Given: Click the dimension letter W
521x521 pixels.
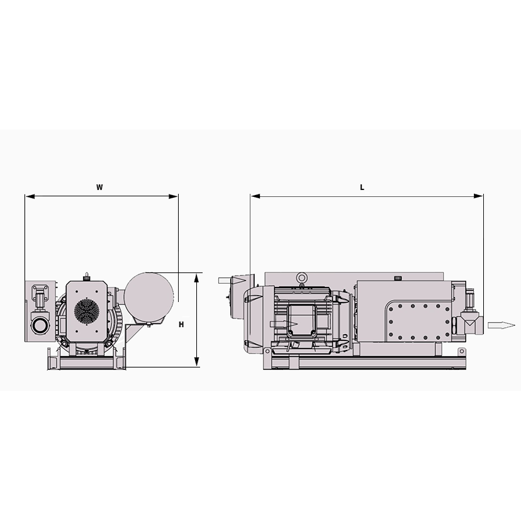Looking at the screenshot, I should point(99,188).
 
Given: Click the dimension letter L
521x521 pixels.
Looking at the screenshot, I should point(362,188).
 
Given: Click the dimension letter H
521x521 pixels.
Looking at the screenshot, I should point(181,325).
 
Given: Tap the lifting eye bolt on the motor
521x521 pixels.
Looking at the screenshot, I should point(303,277).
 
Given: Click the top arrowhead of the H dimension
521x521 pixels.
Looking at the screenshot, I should point(197,277).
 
